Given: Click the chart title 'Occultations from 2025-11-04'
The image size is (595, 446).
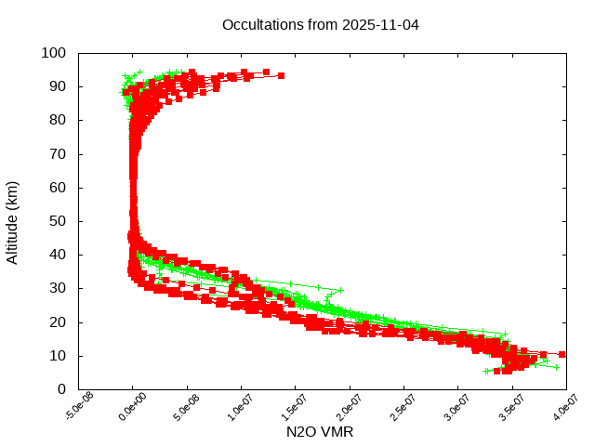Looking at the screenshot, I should (x=321, y=25).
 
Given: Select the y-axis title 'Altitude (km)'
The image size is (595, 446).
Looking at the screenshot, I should (x=13, y=222).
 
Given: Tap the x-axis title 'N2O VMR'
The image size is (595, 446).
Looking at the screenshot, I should (x=321, y=432).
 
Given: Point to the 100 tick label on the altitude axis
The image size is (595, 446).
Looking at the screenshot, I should (x=54, y=53).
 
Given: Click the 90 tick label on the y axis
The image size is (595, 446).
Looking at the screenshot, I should (x=58, y=86).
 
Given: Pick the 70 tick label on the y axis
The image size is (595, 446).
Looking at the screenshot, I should (x=58, y=153).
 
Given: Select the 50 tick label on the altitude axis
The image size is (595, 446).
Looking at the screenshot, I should (x=58, y=221).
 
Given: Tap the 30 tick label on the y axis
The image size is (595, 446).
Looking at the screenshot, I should (x=58, y=288).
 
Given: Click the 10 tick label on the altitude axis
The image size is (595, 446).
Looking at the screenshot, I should (x=58, y=356).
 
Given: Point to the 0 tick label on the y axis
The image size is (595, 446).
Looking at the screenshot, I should (x=61, y=389).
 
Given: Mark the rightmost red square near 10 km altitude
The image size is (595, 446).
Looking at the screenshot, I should (x=562, y=354).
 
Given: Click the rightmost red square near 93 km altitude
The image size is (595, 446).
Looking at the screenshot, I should (x=281, y=75).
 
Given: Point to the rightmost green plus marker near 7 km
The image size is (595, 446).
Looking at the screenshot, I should (x=556, y=367).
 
